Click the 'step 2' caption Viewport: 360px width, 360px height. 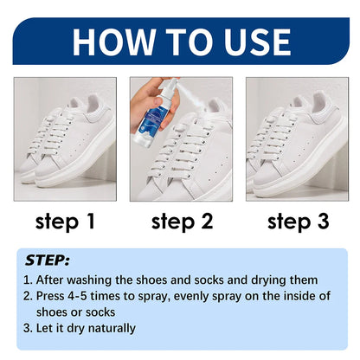182,222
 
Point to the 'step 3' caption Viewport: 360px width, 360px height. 298,222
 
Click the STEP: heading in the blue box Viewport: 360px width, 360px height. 48,259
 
